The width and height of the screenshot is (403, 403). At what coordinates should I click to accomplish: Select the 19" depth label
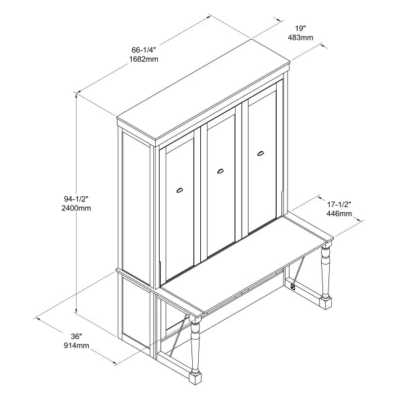[x=300, y=28]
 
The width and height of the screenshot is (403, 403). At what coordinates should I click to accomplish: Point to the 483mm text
[x=300, y=38]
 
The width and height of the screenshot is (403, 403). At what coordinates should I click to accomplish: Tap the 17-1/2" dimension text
[x=339, y=204]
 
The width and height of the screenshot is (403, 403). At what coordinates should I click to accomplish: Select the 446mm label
[x=339, y=214]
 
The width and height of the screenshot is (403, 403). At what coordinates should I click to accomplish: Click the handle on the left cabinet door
[x=179, y=190]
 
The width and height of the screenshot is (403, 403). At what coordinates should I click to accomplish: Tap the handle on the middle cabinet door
[x=220, y=173]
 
